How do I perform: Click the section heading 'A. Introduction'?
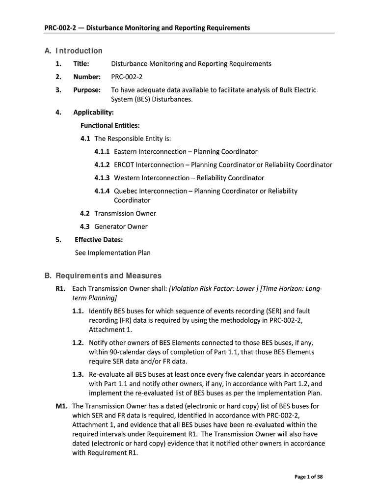(73, 51)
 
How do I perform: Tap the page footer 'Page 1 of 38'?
(308, 477)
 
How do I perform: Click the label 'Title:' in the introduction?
(81, 64)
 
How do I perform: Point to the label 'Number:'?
(87, 77)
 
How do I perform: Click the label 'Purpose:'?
(87, 90)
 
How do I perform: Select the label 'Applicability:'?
(93, 112)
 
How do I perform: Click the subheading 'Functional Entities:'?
(107, 125)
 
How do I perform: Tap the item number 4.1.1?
(102, 152)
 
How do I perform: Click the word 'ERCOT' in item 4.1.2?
(124, 165)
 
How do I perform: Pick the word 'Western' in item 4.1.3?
(126, 178)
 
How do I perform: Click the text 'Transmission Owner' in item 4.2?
(125, 214)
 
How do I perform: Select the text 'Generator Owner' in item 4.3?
(121, 226)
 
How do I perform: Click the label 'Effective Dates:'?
(99, 240)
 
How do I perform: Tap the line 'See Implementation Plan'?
(112, 253)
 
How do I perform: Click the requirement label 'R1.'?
(61, 289)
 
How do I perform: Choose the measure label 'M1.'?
(61, 406)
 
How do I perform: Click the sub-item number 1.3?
(78, 375)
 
